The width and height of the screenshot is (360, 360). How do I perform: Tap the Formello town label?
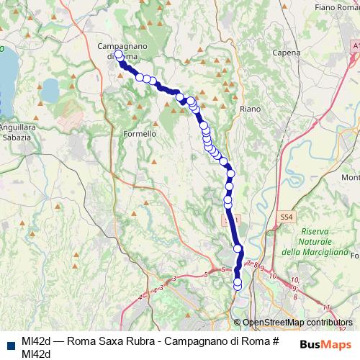click(140, 133)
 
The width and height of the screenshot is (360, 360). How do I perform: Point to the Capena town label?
click(286, 53)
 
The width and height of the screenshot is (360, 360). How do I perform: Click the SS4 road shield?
click(287, 215)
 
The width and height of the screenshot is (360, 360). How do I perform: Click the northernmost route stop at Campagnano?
click(118, 53)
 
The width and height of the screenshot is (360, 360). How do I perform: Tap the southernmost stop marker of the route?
click(238, 288)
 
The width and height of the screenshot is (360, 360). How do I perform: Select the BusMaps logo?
click(325, 343)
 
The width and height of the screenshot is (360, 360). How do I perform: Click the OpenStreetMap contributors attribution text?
click(297, 323)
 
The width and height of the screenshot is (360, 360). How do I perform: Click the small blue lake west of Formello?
click(50, 90)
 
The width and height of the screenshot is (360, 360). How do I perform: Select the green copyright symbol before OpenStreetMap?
click(238, 323)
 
